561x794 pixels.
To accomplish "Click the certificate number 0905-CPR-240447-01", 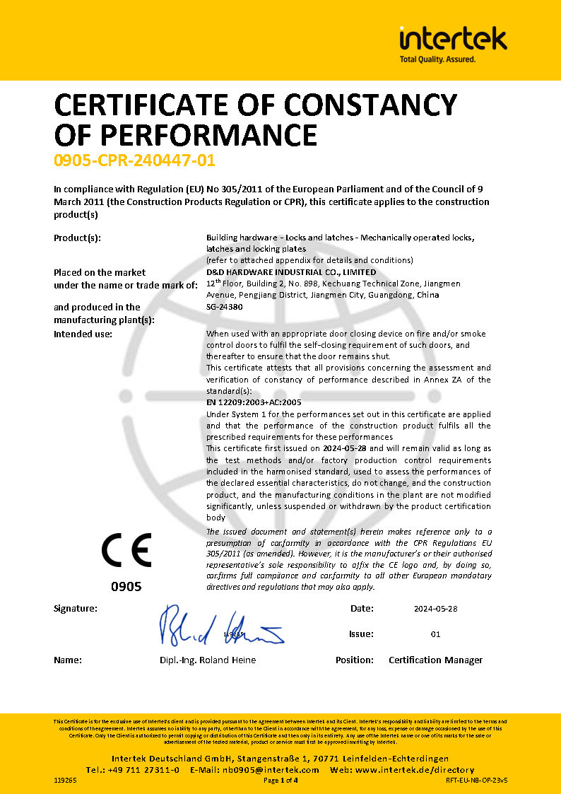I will pos(134,160).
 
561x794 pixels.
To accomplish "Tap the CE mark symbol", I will pos(126,549).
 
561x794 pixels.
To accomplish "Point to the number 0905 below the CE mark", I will pos(126,587).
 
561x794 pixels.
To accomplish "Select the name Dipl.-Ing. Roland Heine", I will pos(208,660).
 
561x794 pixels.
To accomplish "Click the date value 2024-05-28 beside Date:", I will pos(435,609).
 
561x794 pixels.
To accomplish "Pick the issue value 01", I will pos(435,634).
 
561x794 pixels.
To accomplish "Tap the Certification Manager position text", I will pos(435,660).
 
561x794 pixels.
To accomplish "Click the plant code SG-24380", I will pos(224,307).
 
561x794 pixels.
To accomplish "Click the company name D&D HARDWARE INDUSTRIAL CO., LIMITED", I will pos(291,272).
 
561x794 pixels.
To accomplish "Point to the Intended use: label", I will pos(83,334).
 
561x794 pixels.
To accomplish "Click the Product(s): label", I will pos(77,238).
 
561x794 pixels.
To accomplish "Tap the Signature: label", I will pos(76,609).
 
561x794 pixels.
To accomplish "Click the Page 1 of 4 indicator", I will pos(280,781).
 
